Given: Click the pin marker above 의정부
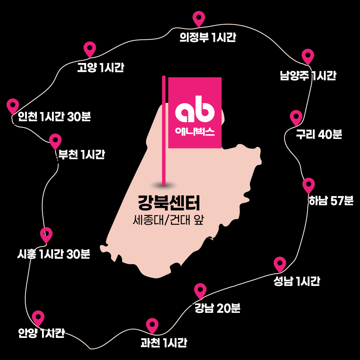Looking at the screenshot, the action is pyautogui.click(x=199, y=18).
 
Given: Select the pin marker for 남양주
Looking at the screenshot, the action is pyautogui.click(x=308, y=56).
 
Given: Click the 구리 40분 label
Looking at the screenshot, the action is pyautogui.click(x=319, y=135).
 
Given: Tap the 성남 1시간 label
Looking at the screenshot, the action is pyautogui.click(x=297, y=282).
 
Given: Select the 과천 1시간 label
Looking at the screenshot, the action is pyautogui.click(x=164, y=343).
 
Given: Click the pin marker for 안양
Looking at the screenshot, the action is pyautogui.click(x=38, y=317).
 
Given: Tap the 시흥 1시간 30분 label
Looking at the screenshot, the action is pyautogui.click(x=53, y=254).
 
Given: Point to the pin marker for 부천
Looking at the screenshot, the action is pyautogui.click(x=55, y=140).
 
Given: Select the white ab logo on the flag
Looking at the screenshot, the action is pyautogui.click(x=195, y=111).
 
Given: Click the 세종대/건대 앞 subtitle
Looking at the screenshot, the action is pyautogui.click(x=168, y=220).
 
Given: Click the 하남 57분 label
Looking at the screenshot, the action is pyautogui.click(x=331, y=201).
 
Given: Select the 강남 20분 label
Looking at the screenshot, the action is pyautogui.click(x=217, y=308).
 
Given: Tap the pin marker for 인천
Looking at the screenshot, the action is pyautogui.click(x=13, y=105).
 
